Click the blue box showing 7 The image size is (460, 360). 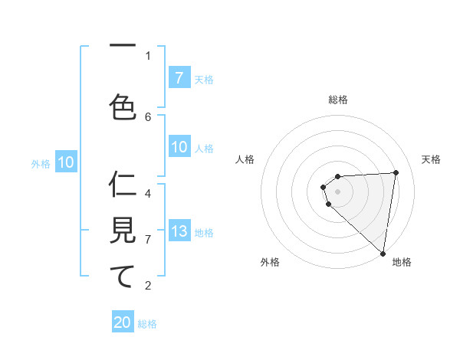pyautogui.click(x=179, y=78)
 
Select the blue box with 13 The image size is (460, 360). pyautogui.click(x=179, y=231)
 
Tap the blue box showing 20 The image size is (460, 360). pyautogui.click(x=123, y=322)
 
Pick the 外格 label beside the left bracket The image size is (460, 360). pyautogui.click(x=41, y=162)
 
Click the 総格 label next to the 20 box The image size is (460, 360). pyautogui.click(x=147, y=324)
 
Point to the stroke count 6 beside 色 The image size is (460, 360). pyautogui.click(x=148, y=116)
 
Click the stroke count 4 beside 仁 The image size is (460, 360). pyautogui.click(x=148, y=193)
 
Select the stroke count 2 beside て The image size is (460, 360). pyautogui.click(x=148, y=286)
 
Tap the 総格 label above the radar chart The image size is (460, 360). pyautogui.click(x=338, y=100)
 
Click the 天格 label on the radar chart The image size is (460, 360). pyautogui.click(x=432, y=159)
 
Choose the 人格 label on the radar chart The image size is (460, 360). pyautogui.click(x=245, y=159)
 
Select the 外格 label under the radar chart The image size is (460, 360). pyautogui.click(x=270, y=262)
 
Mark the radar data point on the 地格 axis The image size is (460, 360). pyautogui.click(x=383, y=253)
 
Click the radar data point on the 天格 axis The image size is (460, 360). pyautogui.click(x=396, y=172)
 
